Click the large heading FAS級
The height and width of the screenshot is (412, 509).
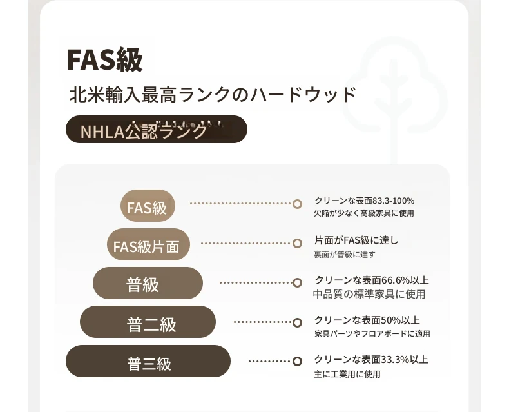point(104,59)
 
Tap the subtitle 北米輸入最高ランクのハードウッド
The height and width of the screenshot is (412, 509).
point(213,95)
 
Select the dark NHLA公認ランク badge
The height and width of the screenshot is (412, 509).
point(157,130)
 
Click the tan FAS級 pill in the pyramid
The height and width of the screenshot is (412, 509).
point(148,206)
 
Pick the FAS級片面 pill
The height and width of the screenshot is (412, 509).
point(148,244)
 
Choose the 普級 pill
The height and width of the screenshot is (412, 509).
point(148,283)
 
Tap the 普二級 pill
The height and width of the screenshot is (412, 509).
point(148,322)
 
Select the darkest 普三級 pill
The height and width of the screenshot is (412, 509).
point(148,361)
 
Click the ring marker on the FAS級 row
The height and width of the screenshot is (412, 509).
point(298,204)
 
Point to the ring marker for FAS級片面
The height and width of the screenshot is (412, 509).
point(298,243)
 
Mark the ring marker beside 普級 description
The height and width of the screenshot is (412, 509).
point(298,282)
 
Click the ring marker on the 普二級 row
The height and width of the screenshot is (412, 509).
point(298,322)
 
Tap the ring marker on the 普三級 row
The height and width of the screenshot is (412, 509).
point(298,361)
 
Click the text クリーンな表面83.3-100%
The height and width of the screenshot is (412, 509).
point(365,201)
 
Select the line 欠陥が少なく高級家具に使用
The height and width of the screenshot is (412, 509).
point(364,213)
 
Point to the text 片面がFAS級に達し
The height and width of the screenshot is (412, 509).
point(356,240)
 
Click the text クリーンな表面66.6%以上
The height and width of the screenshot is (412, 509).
point(372,280)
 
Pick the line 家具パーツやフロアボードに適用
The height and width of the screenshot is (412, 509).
point(372,334)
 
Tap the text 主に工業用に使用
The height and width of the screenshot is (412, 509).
point(347,375)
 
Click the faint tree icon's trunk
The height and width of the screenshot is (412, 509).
point(394,130)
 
